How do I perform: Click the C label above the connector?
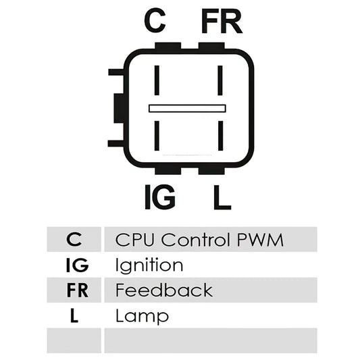tap(155, 20)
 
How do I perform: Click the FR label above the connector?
tap(222, 21)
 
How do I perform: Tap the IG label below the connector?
tap(160, 197)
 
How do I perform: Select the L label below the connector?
tap(222, 197)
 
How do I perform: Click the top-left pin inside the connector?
tap(157, 80)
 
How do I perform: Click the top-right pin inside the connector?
tap(220, 80)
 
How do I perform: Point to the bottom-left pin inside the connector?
tap(157, 136)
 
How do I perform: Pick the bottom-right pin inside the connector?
tap(220, 136)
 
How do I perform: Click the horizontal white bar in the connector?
tap(187, 108)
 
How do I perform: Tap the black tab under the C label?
tap(168, 46)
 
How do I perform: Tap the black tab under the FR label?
tap(211, 46)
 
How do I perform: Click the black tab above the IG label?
tap(168, 171)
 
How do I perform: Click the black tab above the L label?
tap(211, 171)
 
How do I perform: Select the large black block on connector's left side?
tap(120, 108)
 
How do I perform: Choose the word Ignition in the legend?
tap(149, 265)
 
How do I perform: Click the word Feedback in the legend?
tap(164, 290)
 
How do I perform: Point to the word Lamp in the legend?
tap(142, 316)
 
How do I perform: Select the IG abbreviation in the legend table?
tap(77, 265)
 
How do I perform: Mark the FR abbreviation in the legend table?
tap(78, 290)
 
